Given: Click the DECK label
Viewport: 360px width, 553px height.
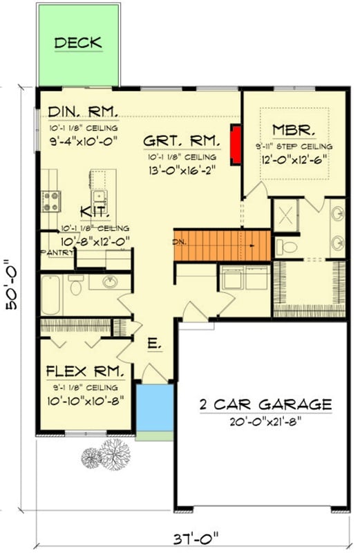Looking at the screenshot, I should [78, 44].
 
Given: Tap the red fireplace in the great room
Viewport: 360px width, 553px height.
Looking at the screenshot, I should [235, 145].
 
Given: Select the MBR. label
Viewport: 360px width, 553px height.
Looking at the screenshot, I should [294, 130].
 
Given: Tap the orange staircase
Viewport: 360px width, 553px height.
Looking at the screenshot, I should [221, 244].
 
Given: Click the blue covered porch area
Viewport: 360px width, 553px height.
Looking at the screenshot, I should [154, 408].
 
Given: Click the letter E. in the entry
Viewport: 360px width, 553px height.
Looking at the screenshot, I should [153, 341].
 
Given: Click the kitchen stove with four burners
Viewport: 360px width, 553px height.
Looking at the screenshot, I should [51, 200].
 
